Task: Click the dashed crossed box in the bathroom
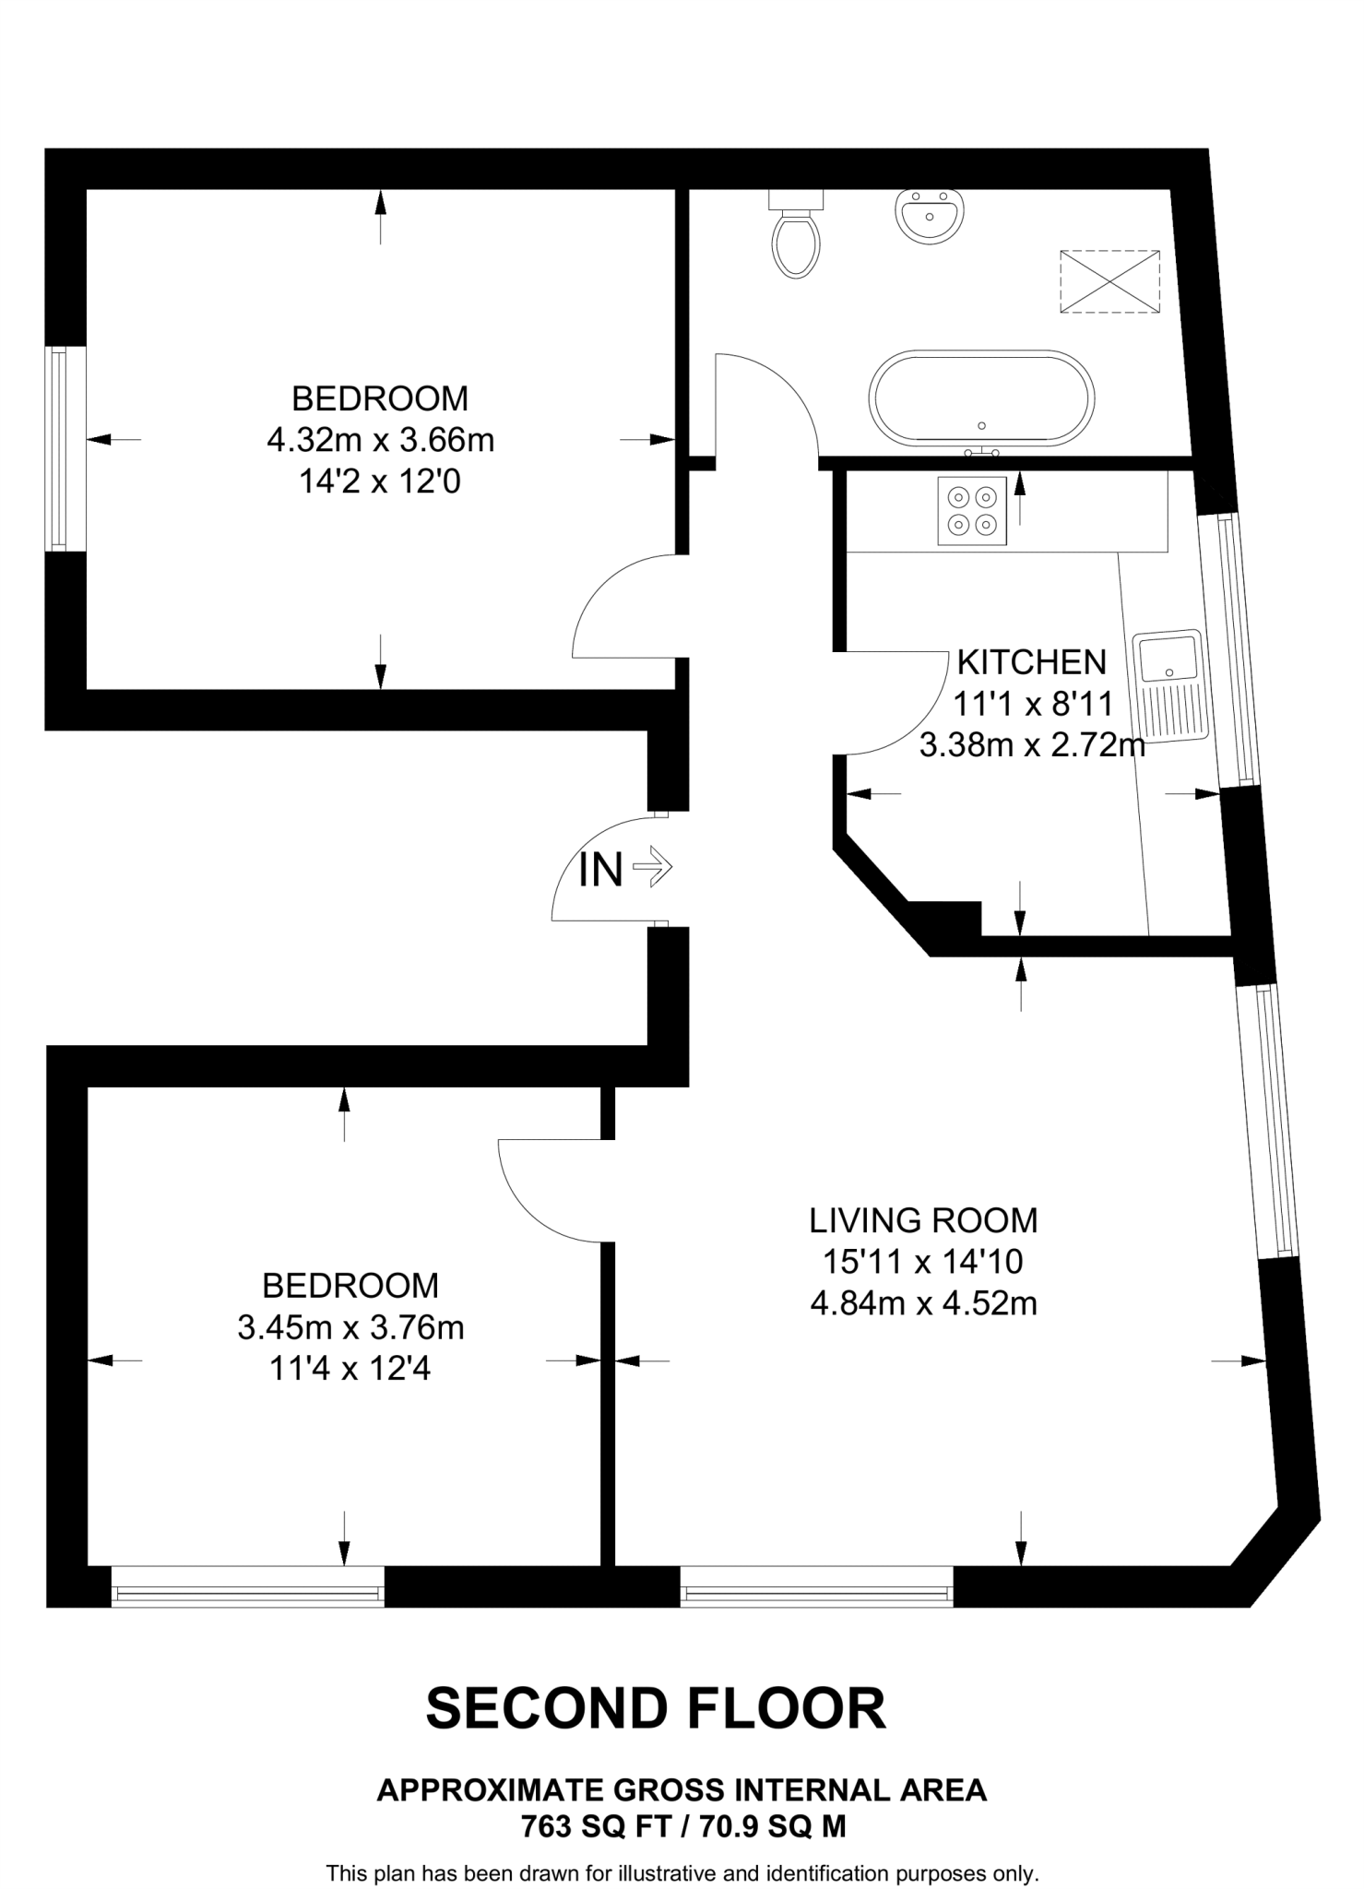[1109, 281]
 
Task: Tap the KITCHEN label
[1031, 662]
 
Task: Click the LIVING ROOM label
[923, 1220]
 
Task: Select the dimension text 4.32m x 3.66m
[380, 440]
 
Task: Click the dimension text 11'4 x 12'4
[350, 1369]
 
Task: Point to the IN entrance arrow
[625, 868]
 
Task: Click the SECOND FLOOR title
[656, 1708]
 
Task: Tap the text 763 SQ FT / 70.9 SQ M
[682, 1826]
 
